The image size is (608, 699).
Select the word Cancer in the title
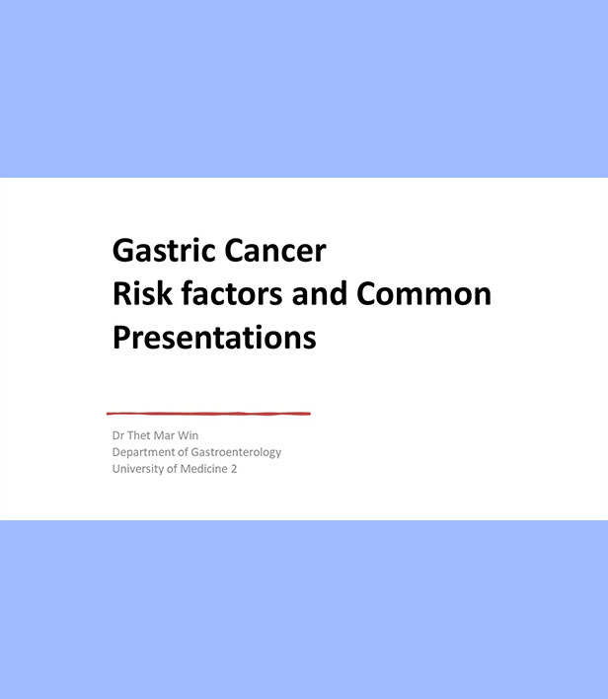(275, 251)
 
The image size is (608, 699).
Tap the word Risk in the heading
(142, 294)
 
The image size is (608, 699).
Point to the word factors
(231, 294)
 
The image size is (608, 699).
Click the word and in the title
(319, 294)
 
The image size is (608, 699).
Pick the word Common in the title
(423, 294)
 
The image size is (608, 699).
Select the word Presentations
(214, 338)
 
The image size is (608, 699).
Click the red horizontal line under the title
(208, 414)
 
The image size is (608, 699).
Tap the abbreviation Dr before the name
(118, 435)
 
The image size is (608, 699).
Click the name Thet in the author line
(138, 435)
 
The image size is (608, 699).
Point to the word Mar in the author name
(164, 435)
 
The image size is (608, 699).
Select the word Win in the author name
(189, 435)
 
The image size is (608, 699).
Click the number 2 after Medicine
(234, 469)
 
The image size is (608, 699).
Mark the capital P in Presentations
(120, 338)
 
